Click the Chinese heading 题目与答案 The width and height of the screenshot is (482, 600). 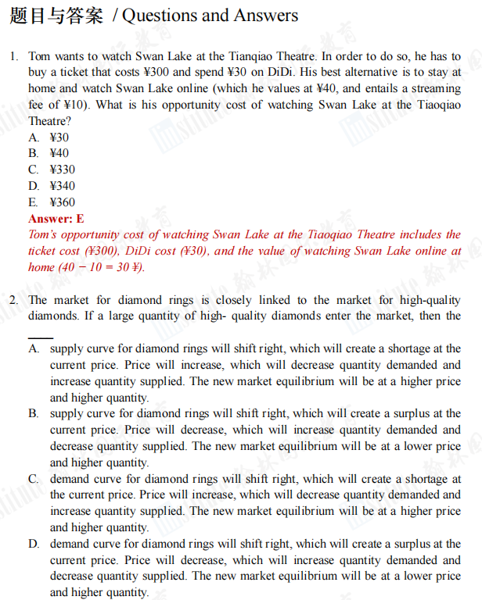pos(56,16)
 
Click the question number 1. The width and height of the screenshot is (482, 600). pos(14,56)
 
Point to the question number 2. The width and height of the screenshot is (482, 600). pos(14,300)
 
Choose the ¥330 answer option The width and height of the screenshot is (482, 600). pos(63,170)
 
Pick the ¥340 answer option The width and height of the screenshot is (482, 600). pos(63,186)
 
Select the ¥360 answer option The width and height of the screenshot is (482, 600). pos(63,202)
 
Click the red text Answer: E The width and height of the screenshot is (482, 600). pos(56,219)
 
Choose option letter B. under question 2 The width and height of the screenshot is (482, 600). pos(34,414)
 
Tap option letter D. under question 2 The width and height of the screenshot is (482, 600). pos(34,544)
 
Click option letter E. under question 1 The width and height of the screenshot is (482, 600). pos(34,202)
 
